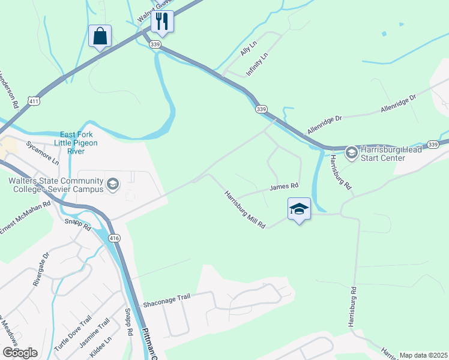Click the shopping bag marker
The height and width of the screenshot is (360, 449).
[100, 36]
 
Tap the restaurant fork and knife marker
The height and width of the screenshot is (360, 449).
[162, 22]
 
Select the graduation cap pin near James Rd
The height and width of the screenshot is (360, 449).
[299, 209]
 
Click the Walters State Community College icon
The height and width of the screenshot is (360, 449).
[112, 183]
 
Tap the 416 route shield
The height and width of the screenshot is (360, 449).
[114, 238]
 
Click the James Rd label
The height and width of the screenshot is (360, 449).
[284, 187]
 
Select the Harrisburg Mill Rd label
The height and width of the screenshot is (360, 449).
[245, 210]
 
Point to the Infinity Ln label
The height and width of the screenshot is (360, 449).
[256, 65]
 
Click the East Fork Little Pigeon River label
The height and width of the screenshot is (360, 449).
[76, 143]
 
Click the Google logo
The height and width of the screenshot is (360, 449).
[20, 353]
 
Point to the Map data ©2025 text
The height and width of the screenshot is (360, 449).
[423, 355]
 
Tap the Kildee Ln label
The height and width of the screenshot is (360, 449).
[100, 348]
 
